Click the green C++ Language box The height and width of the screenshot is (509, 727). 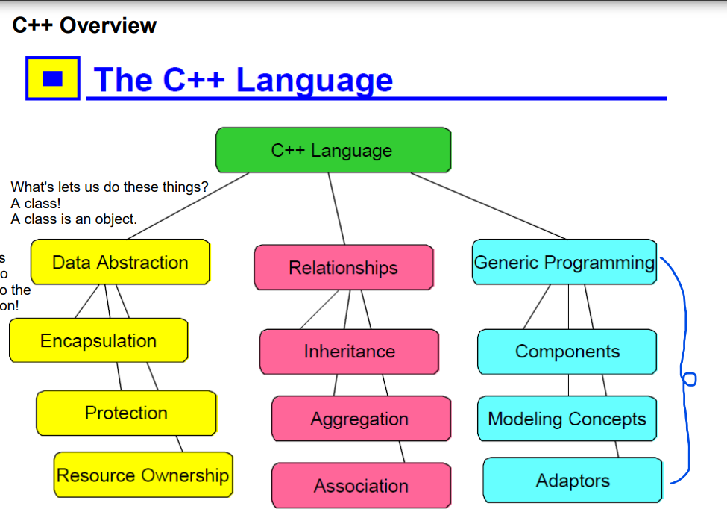tap(333, 150)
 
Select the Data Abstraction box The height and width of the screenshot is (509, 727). tap(120, 262)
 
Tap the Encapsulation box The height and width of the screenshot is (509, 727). tap(98, 340)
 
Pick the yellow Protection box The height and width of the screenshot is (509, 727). tap(126, 413)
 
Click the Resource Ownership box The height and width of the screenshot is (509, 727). tap(142, 475)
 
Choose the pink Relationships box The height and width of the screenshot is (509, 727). tap(343, 267)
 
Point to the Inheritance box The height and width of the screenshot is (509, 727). tap(349, 351)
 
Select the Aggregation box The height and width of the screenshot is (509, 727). tap(360, 419)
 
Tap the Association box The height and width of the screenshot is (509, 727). tap(361, 486)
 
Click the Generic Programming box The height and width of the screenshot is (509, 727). tap(564, 262)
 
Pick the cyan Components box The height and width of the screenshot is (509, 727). tap(567, 351)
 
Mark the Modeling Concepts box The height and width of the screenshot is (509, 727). tap(567, 419)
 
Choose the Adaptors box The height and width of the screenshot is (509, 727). tap(572, 481)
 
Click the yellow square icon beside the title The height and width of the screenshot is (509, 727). tap(52, 78)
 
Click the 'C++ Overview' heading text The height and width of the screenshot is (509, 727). tap(84, 25)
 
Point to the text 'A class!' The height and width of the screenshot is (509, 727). tap(36, 203)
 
